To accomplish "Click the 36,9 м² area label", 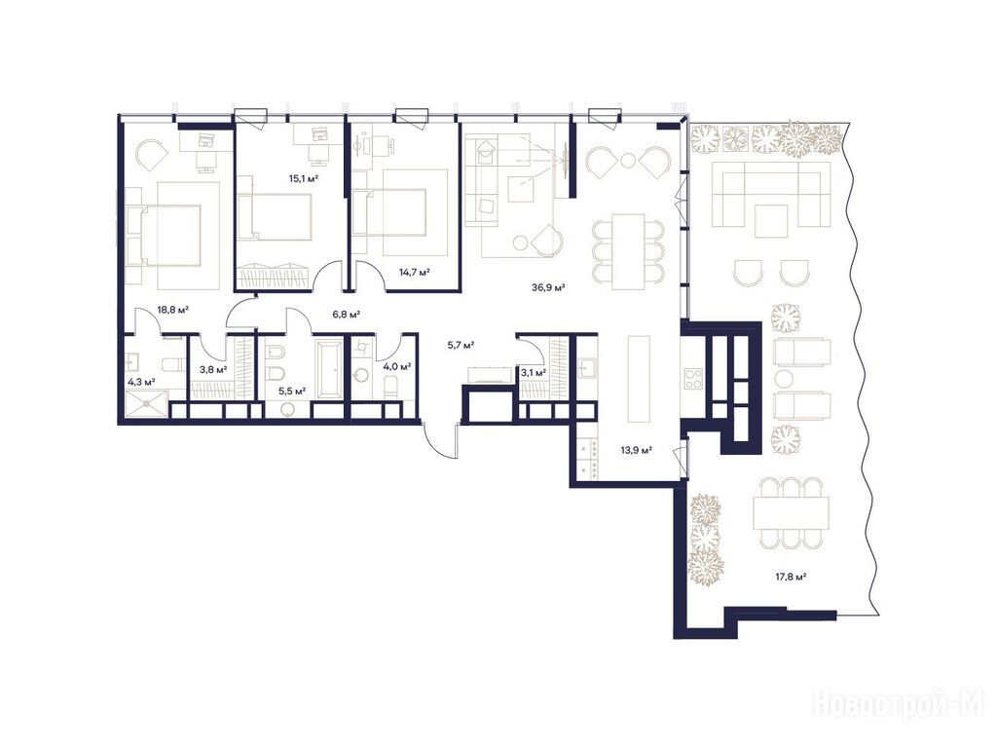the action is click(549, 287).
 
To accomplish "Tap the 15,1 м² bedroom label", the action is click(304, 179).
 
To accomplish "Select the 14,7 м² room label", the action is click(415, 273).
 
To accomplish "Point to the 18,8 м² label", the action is click(173, 310).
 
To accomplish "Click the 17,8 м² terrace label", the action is click(791, 577).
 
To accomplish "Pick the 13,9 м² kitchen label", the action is click(637, 450).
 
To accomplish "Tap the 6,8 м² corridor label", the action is click(347, 314).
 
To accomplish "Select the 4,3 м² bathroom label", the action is click(142, 382).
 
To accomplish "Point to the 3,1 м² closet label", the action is click(533, 372).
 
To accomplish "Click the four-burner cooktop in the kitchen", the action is click(692, 379).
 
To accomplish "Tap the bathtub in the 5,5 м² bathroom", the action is click(329, 369).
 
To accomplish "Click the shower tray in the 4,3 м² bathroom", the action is click(148, 402).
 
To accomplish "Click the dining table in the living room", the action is click(628, 252).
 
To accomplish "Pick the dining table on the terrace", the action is click(791, 512).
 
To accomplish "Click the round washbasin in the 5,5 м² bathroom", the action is click(292, 409).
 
